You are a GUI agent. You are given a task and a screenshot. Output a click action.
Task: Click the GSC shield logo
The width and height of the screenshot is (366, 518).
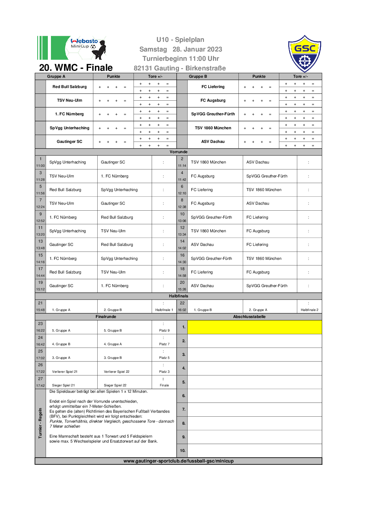click(x=305, y=54)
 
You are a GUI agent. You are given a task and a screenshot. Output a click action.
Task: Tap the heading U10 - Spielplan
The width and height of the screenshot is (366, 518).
click(x=180, y=40)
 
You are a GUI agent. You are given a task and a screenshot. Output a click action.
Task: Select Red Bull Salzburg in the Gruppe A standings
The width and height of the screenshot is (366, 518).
click(x=69, y=87)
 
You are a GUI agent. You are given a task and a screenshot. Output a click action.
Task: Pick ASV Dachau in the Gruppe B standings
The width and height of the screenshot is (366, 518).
click(x=213, y=142)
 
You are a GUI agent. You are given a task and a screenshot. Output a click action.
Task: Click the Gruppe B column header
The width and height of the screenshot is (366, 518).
click(x=198, y=76)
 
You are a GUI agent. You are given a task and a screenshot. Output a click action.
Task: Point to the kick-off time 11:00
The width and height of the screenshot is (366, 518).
click(x=41, y=165)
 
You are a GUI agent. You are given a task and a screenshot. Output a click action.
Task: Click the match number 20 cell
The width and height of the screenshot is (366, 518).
click(x=182, y=282)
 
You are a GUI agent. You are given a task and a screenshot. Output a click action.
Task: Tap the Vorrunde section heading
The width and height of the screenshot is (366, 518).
click(x=178, y=152)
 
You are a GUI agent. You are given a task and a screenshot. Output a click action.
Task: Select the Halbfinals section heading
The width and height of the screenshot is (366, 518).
click(x=178, y=296)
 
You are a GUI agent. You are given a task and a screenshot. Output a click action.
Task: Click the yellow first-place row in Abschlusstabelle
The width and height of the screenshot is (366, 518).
click(x=254, y=327)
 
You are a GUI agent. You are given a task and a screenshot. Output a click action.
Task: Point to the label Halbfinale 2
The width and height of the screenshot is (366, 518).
click(x=310, y=310)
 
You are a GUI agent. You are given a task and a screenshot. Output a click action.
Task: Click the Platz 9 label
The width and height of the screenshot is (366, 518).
click(x=164, y=331)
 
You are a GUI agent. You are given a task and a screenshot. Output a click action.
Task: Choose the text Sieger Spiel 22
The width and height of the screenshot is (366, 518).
click(x=115, y=385)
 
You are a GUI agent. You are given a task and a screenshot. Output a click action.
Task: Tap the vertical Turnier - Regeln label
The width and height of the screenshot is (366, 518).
click(x=41, y=423)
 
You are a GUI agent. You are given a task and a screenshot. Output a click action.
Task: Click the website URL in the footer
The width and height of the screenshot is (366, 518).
click(x=178, y=461)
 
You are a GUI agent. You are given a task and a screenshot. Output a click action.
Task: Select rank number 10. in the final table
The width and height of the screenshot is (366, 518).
click(x=183, y=451)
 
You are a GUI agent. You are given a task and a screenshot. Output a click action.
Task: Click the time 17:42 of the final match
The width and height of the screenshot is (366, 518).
click(x=41, y=385)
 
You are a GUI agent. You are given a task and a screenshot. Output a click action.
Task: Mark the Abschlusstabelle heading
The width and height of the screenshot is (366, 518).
click(x=249, y=317)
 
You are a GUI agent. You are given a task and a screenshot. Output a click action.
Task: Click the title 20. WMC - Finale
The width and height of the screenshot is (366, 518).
click(x=76, y=68)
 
